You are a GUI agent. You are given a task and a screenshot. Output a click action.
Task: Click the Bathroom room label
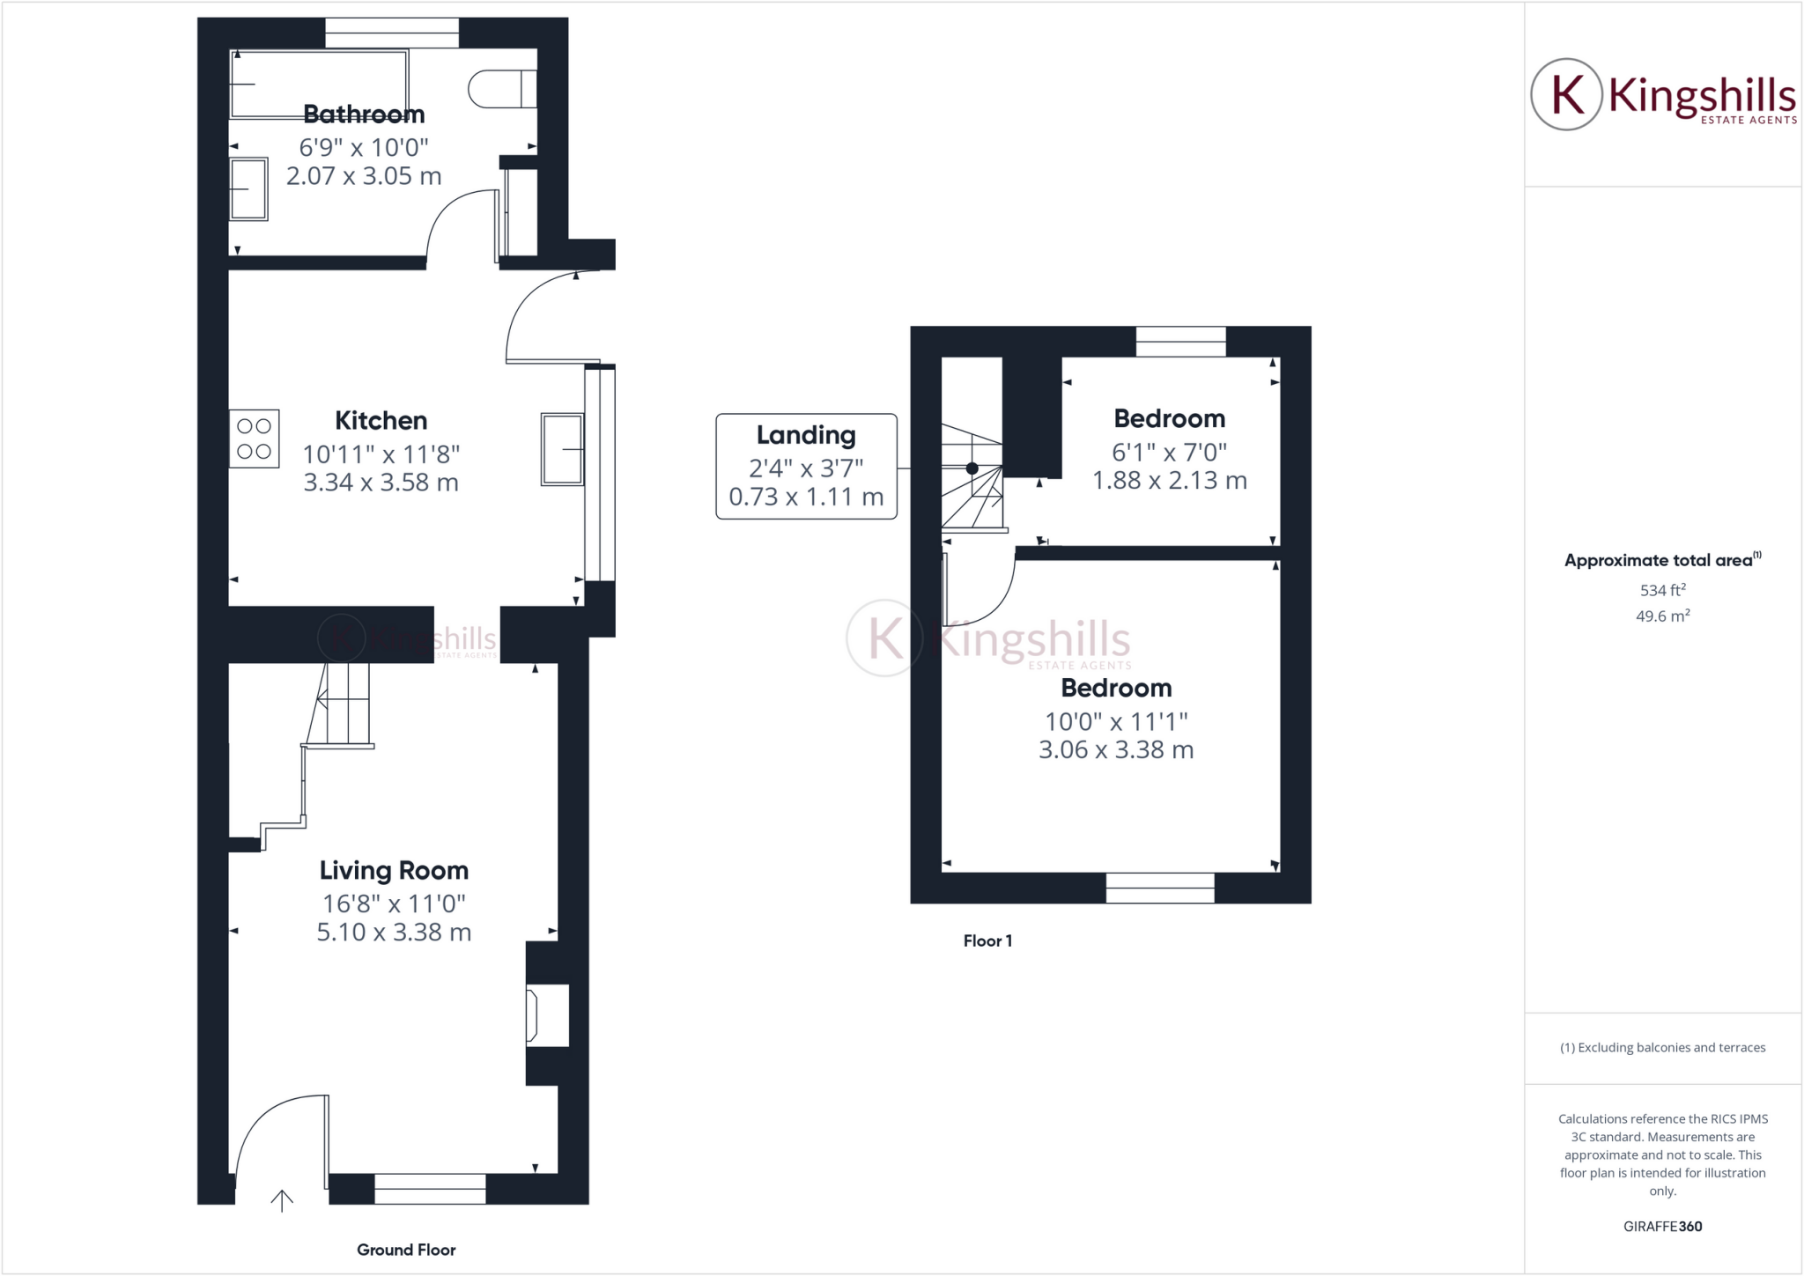click(364, 114)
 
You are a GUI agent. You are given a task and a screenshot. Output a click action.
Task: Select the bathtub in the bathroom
click(319, 84)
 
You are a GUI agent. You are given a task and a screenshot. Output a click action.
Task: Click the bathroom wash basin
click(248, 188)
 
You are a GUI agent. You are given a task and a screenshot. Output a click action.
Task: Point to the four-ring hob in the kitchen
click(255, 439)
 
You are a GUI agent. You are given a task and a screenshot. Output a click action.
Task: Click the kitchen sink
click(562, 449)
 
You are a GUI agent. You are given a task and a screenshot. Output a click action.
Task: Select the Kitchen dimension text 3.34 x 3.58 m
click(381, 483)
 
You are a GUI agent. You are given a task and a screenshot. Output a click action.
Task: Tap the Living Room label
click(394, 871)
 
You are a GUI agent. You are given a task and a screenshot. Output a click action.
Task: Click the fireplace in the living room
click(547, 1015)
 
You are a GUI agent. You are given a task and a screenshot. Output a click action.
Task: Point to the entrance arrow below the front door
click(282, 1200)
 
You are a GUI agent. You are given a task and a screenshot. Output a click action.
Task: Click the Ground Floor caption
click(406, 1250)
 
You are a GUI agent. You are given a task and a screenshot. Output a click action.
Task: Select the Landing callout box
click(806, 466)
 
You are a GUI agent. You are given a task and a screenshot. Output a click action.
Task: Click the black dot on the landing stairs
click(972, 468)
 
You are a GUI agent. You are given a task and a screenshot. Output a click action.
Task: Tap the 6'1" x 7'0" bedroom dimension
click(1169, 453)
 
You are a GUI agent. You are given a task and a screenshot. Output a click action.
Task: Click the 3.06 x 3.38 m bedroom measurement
click(1116, 750)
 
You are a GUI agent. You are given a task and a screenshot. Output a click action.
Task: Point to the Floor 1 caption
click(987, 941)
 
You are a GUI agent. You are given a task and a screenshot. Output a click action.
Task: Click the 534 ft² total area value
click(1662, 591)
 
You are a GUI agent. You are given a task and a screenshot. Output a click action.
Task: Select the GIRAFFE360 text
click(1662, 1227)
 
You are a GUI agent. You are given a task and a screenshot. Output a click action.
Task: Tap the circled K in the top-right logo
click(1566, 94)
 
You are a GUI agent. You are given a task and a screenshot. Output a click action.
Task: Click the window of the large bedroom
click(1160, 889)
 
